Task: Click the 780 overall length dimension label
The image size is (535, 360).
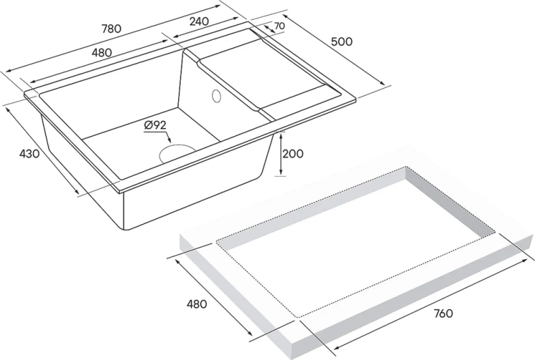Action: [110, 28]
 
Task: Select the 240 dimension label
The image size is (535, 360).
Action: [198, 21]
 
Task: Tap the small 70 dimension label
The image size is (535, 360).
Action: [278, 26]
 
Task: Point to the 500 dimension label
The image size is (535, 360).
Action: [342, 41]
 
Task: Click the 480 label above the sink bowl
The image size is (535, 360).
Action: [102, 52]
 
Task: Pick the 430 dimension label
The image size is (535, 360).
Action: [29, 154]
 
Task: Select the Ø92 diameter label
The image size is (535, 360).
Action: [155, 125]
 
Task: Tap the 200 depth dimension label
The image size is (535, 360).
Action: [293, 154]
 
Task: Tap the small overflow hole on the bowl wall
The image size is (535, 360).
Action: [217, 95]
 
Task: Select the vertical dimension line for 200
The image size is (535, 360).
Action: [280, 154]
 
